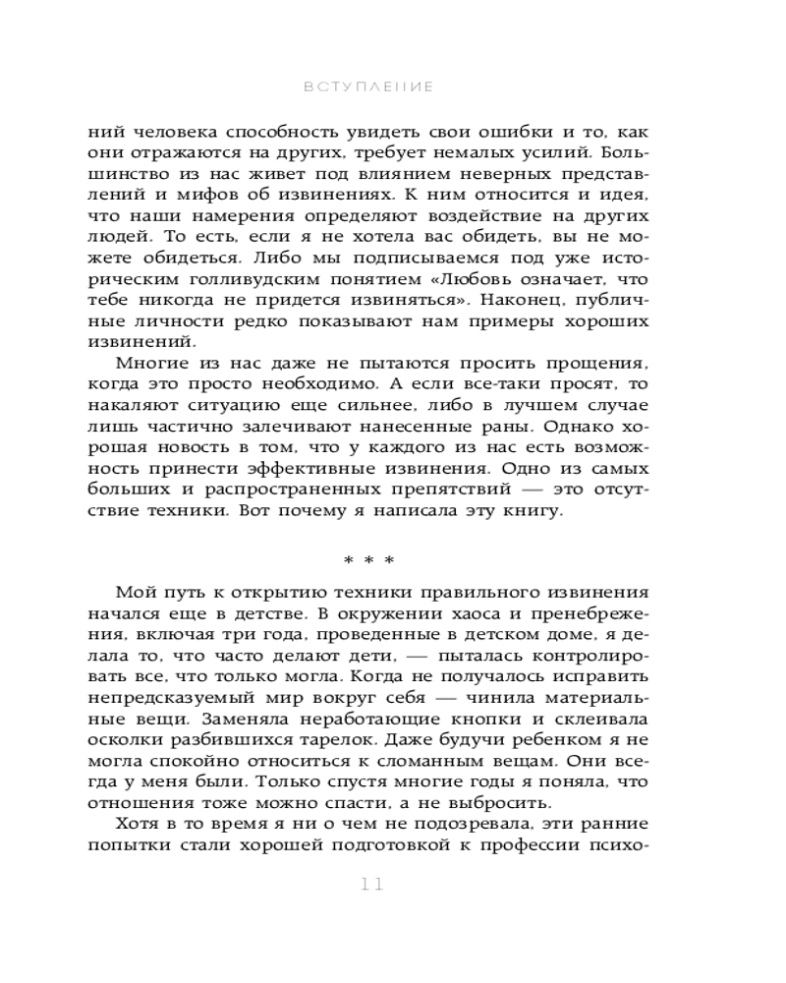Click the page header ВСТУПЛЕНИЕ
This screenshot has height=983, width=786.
(369, 87)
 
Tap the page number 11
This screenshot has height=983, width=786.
(370, 883)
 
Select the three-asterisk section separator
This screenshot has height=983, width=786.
(369, 561)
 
